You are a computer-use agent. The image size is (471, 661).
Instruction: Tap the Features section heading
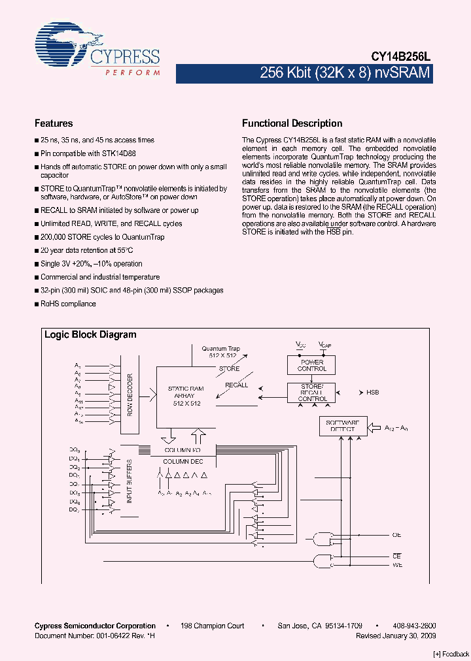[x=54, y=123]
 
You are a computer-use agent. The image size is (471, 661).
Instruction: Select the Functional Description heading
[x=292, y=123]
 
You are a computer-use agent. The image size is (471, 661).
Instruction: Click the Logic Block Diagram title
[x=90, y=335]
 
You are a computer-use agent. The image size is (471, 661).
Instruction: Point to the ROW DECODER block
[x=130, y=395]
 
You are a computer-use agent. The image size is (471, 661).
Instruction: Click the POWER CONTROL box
[x=313, y=365]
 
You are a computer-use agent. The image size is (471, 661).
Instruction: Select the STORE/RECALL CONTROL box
[x=313, y=393]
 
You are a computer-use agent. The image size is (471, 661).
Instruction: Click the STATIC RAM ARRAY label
[x=186, y=396]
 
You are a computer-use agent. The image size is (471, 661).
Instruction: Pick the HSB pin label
[x=372, y=393]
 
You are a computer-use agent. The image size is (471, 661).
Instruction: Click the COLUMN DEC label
[x=183, y=462]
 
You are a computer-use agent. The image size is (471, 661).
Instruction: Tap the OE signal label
[x=396, y=535]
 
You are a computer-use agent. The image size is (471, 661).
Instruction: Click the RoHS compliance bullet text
[x=68, y=304]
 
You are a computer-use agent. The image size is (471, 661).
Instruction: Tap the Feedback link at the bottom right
[x=451, y=654]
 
